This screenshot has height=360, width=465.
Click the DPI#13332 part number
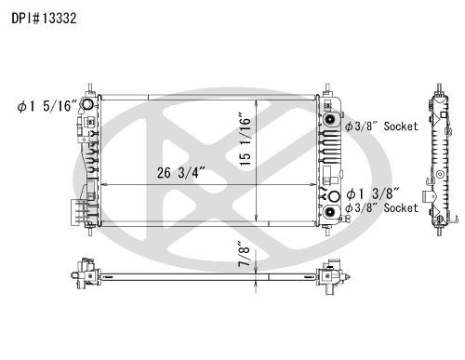pyautogui.click(x=44, y=19)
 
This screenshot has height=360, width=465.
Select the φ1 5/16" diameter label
pyautogui.click(x=47, y=106)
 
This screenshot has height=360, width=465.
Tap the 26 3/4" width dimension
pyautogui.click(x=181, y=173)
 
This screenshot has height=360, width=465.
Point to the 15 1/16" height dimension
pyautogui.click(x=245, y=141)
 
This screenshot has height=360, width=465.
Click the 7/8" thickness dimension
pyautogui.click(x=245, y=254)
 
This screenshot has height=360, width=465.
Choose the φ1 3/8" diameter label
pyautogui.click(x=373, y=194)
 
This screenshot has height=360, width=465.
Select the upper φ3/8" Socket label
pyautogui.click(x=381, y=127)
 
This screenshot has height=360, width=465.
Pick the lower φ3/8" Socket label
pyautogui.click(x=381, y=207)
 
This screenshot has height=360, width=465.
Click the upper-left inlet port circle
pyautogui.click(x=87, y=104)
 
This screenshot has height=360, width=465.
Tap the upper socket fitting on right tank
pyautogui.click(x=329, y=119)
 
